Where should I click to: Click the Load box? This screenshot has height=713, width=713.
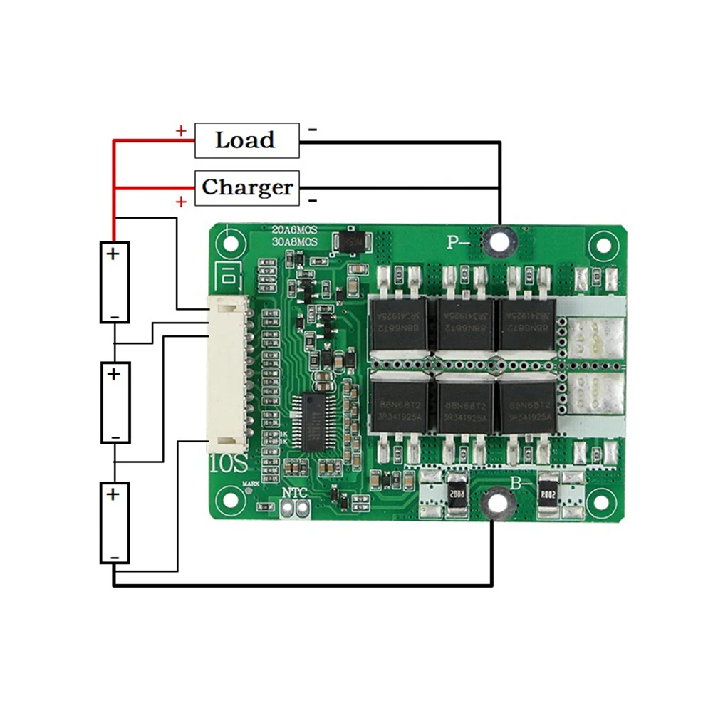click(246, 140)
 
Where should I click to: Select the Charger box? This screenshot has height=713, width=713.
click(246, 187)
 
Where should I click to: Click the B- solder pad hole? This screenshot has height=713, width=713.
click(493, 504)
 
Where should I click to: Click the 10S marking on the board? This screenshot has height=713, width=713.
click(229, 464)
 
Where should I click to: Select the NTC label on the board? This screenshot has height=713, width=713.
click(294, 493)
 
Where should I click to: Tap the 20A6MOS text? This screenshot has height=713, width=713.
click(294, 229)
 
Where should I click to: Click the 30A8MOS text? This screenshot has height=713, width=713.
click(294, 241)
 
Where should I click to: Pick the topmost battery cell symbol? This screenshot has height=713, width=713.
click(114, 282)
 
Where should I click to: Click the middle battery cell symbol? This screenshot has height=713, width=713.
click(115, 402)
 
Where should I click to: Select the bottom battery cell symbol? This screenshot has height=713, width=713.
click(114, 523)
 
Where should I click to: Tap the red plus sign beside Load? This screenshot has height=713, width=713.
click(181, 131)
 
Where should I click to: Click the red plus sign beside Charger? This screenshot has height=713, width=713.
click(181, 202)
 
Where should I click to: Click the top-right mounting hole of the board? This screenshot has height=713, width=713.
click(603, 245)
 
